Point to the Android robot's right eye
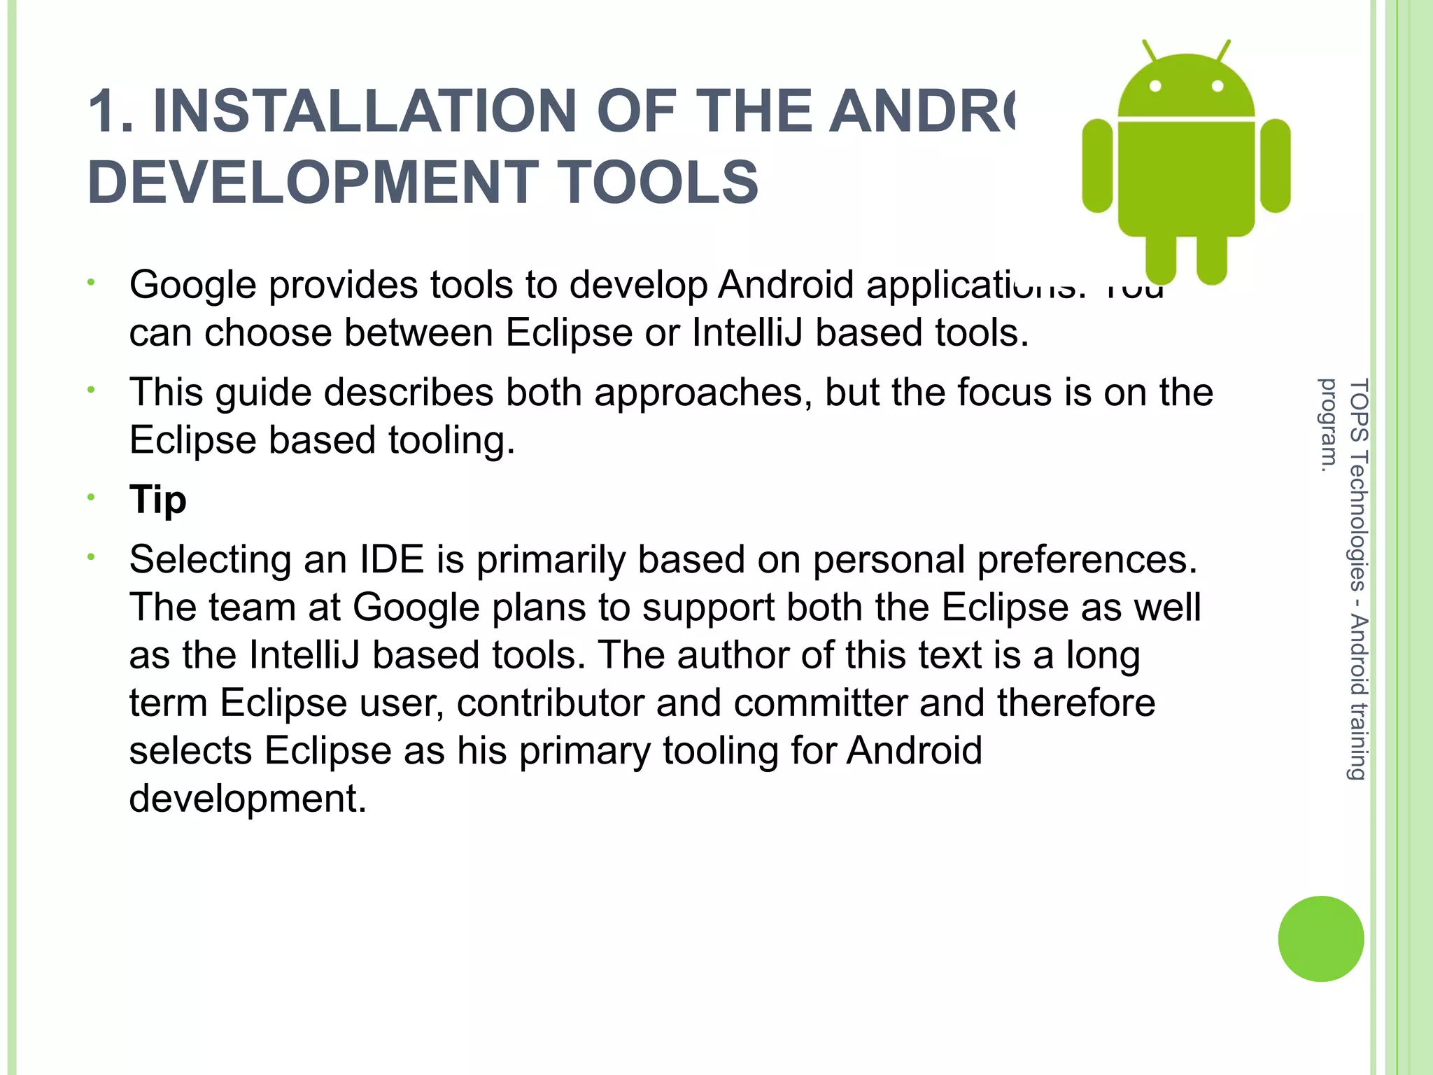[x=1217, y=86]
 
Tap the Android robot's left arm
[x=1097, y=165]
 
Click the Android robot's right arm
[x=1275, y=165]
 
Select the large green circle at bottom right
[x=1320, y=939]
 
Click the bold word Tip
[x=158, y=500]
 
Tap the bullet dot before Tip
[x=90, y=498]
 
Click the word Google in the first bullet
[x=192, y=286]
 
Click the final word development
[x=247, y=799]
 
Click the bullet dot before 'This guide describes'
[x=90, y=390]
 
